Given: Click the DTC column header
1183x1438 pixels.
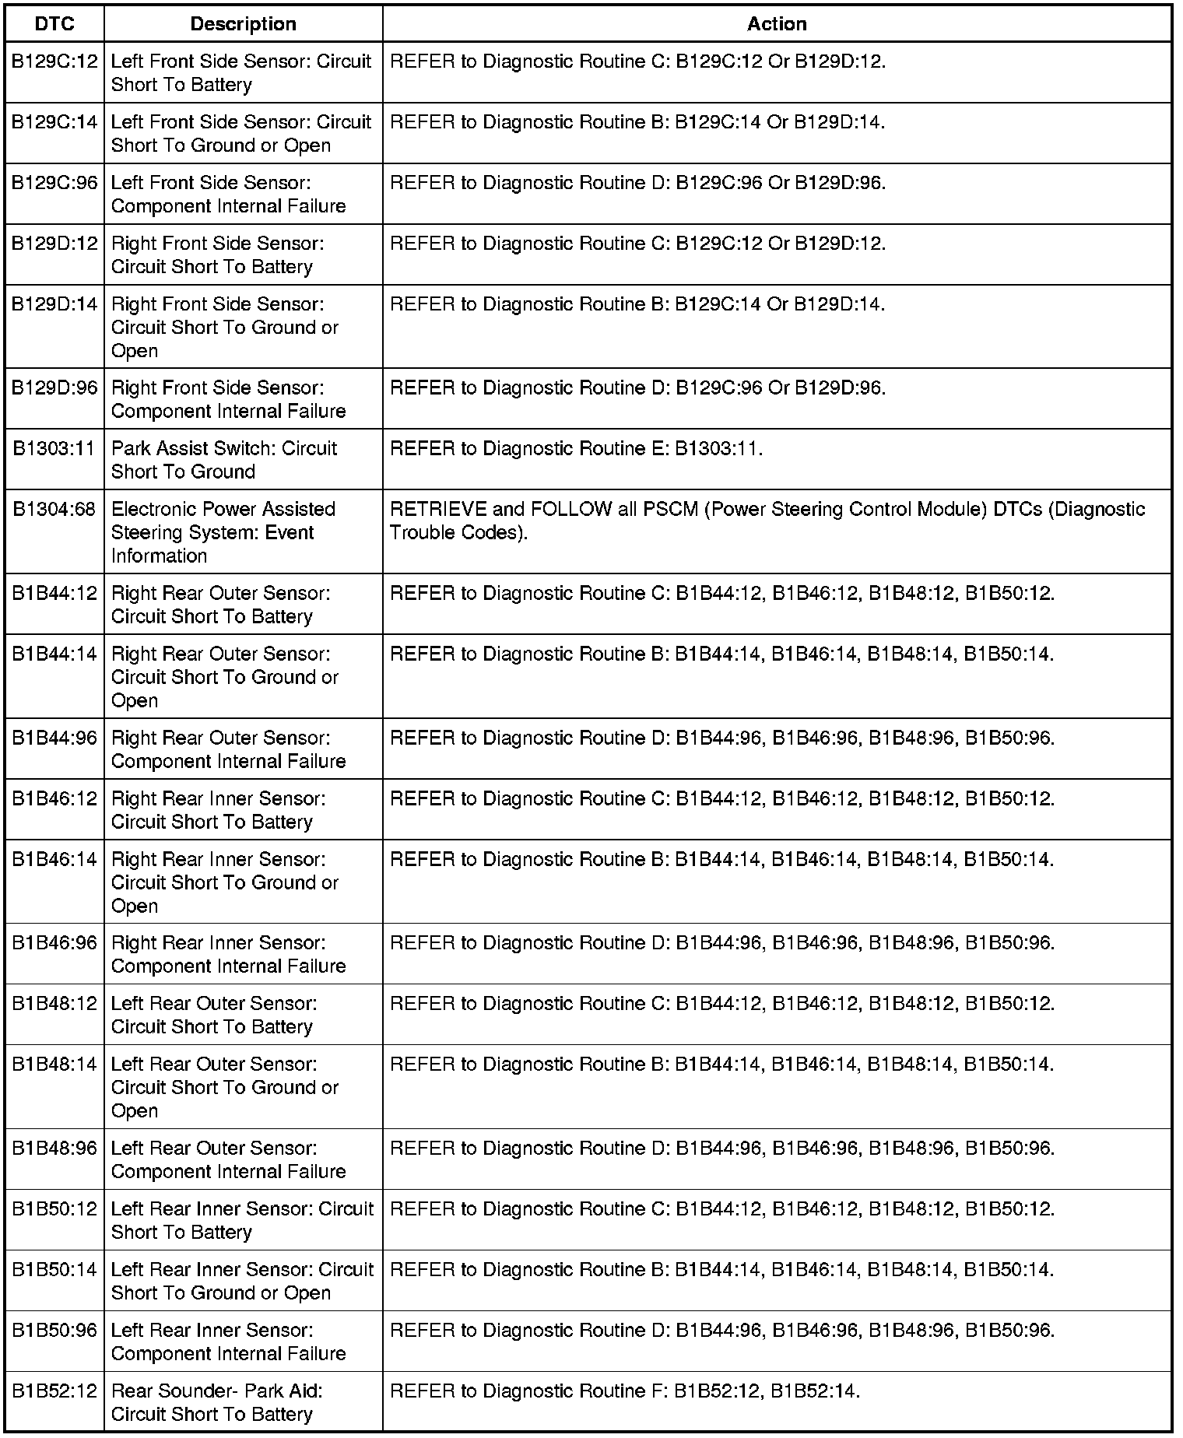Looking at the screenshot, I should [54, 24].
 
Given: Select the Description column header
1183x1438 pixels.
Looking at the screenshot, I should [243, 24].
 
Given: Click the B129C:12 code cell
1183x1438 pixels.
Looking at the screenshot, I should [54, 61].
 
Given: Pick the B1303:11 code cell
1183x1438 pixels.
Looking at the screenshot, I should [54, 449].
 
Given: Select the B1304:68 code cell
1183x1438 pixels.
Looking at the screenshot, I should [54, 510].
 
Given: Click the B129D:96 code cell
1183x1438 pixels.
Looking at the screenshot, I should [54, 388].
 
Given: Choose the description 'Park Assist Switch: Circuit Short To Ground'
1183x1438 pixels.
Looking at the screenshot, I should [224, 460].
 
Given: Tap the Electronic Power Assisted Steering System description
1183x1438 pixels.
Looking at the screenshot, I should [223, 532].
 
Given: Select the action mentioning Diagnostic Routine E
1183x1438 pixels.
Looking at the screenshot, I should [576, 449].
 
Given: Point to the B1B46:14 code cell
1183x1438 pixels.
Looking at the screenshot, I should [54, 860].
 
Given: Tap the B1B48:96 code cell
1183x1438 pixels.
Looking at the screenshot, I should [54, 1149].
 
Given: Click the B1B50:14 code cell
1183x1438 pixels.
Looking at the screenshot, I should [54, 1270].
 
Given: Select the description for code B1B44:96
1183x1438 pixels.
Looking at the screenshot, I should [228, 749].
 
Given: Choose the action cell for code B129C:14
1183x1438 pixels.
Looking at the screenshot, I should [637, 122].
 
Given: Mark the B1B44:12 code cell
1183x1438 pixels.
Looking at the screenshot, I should [54, 594].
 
